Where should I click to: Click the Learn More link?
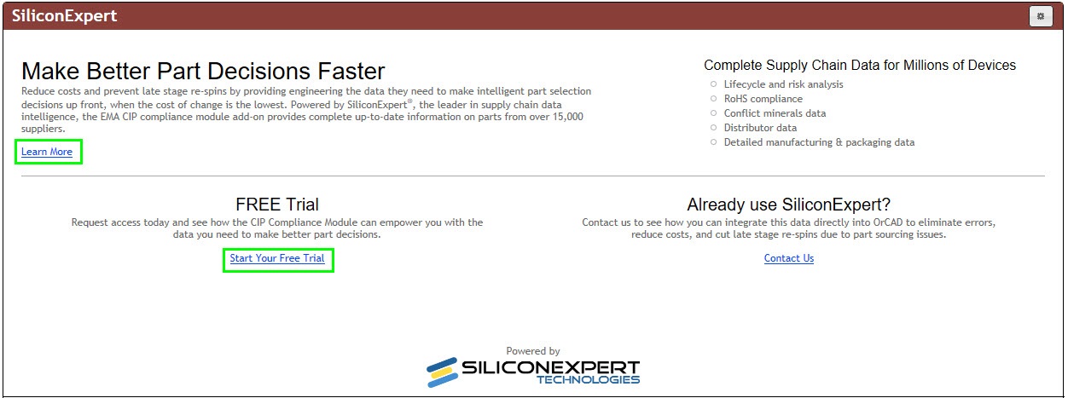(x=47, y=152)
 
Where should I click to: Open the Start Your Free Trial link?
(x=277, y=258)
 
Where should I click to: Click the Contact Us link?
(x=789, y=258)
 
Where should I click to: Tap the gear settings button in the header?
(x=1040, y=16)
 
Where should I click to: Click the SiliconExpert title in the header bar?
(x=65, y=16)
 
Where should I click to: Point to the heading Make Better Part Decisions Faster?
(x=203, y=71)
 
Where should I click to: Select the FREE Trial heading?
(x=277, y=205)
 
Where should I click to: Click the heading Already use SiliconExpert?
(x=789, y=205)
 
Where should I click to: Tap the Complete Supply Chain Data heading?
(x=860, y=66)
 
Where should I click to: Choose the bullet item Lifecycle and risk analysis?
(x=783, y=84)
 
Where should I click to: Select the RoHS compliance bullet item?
(x=763, y=99)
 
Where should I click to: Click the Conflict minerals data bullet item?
(x=775, y=113)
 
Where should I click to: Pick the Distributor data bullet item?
(x=760, y=128)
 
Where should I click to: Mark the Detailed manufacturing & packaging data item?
(x=819, y=142)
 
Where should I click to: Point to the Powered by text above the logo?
(x=533, y=351)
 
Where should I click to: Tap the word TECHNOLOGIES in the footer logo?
(x=588, y=380)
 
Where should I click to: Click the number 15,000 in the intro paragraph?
(x=565, y=117)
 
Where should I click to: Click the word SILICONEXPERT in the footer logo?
(x=550, y=366)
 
